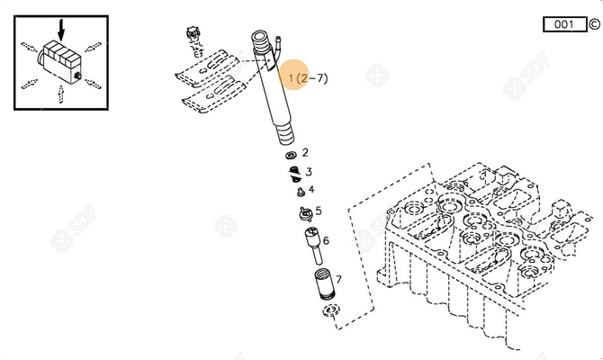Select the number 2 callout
(305, 153)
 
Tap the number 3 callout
(309, 172)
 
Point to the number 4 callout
(311, 189)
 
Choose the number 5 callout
(318, 211)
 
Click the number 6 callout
(326, 240)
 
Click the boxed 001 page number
(563, 24)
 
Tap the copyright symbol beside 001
(593, 24)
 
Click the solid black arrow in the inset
(60, 28)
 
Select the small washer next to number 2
(292, 155)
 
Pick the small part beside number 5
(303, 213)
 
